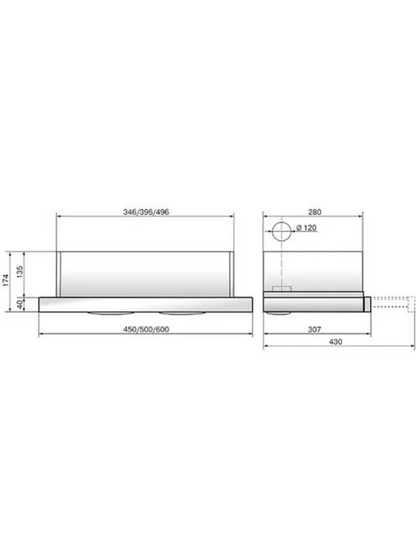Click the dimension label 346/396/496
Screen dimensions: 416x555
146,212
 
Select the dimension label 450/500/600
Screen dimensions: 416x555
146,329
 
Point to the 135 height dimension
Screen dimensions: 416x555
20,272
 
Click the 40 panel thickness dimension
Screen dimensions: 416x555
20,304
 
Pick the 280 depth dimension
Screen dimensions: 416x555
314,212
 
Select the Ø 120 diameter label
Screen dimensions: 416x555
306,227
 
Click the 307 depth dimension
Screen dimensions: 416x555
314,329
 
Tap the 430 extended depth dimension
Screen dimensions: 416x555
335,342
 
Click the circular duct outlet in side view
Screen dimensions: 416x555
281,223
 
